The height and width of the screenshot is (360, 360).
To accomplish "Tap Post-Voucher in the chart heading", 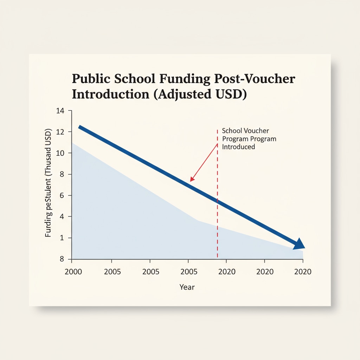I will (x=255, y=79).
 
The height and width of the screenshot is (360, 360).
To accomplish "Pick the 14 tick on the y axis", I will (x=60, y=111).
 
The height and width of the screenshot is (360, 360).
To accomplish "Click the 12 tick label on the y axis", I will (x=60, y=132).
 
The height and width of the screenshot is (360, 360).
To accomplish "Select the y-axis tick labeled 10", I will (x=60, y=153).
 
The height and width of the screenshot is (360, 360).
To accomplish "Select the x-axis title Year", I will (x=187, y=287).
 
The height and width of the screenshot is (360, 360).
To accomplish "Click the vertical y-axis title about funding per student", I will (x=49, y=183).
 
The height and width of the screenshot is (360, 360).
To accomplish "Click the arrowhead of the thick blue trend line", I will (x=299, y=244).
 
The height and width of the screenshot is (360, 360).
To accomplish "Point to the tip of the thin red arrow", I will (x=191, y=181).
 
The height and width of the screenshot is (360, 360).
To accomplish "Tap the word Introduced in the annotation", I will (x=239, y=147).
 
